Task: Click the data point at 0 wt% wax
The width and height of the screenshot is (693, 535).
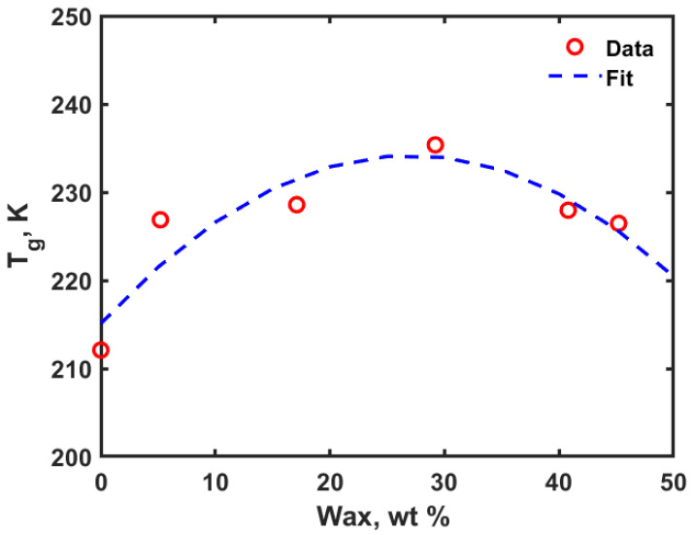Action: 101,350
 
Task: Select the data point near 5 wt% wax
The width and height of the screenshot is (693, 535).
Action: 160,219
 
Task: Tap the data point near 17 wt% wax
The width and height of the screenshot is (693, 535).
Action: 297,204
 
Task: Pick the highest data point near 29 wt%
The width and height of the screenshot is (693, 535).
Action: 435,145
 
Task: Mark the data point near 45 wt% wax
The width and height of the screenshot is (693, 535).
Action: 618,223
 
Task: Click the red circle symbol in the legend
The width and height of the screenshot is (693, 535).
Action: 575,47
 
